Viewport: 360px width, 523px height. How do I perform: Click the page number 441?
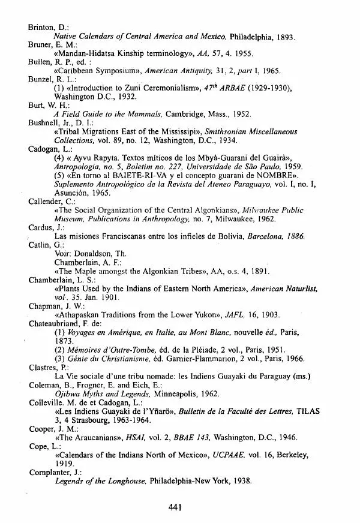[175, 507]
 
